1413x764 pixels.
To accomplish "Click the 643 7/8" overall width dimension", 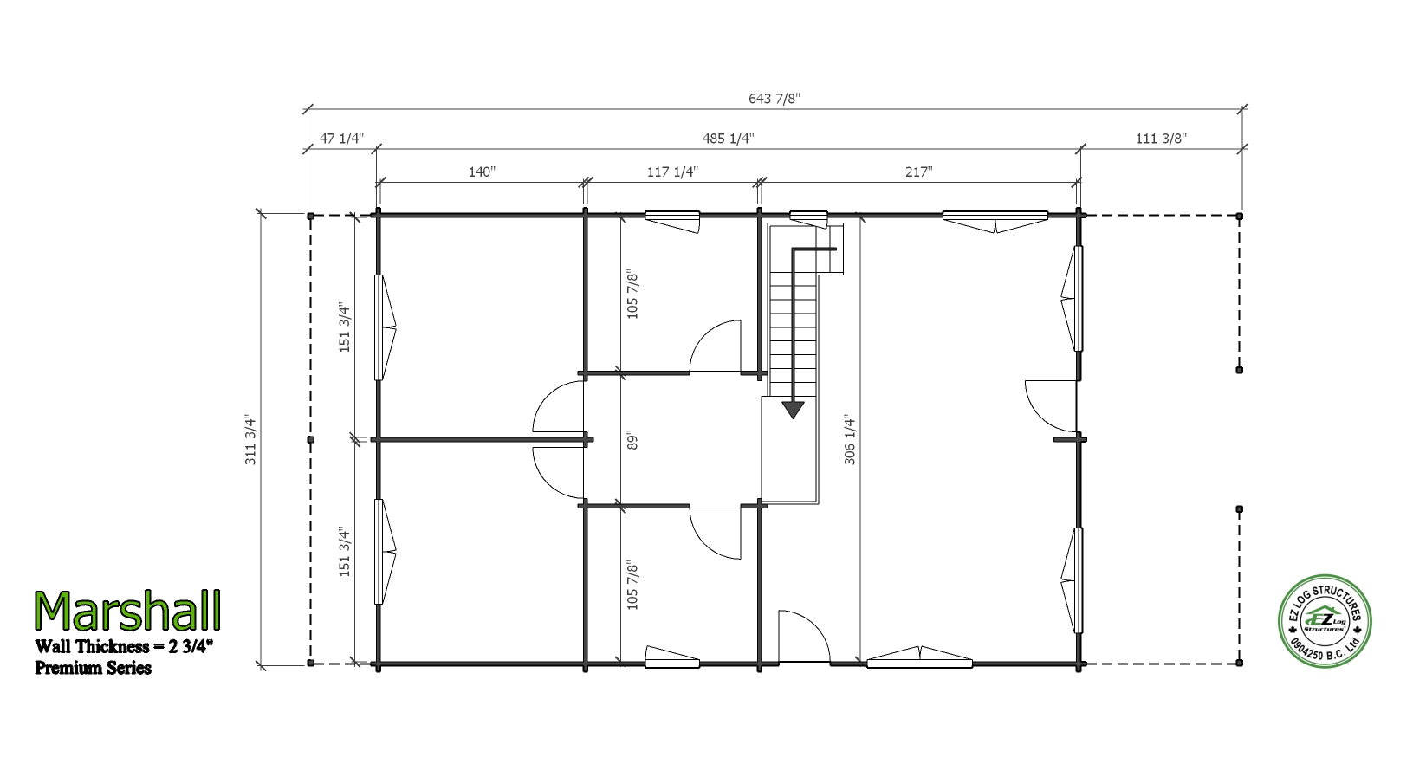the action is (x=774, y=99).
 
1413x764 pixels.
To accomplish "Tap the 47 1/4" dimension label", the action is (x=342, y=139).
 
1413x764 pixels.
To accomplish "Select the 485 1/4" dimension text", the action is (x=728, y=139).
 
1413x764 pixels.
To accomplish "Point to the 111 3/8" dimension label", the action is (x=1161, y=139).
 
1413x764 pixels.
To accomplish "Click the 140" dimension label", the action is (x=482, y=172).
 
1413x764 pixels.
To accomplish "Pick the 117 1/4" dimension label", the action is (x=672, y=172).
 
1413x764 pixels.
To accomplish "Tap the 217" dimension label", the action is (x=918, y=172).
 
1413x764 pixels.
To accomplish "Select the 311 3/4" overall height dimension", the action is (x=250, y=441).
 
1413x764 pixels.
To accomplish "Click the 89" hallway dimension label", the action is (x=632, y=440).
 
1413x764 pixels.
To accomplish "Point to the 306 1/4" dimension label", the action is (x=850, y=440).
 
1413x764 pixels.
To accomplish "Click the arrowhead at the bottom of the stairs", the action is (x=793, y=410).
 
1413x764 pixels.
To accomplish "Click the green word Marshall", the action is (x=127, y=611).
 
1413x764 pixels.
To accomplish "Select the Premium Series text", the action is (x=93, y=668).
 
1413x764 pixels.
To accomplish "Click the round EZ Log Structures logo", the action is (x=1325, y=621).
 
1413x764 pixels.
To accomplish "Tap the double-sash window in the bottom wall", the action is (x=920, y=658).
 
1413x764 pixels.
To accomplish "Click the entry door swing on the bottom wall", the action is (x=804, y=636).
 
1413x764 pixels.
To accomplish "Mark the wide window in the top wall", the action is (x=995, y=222).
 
